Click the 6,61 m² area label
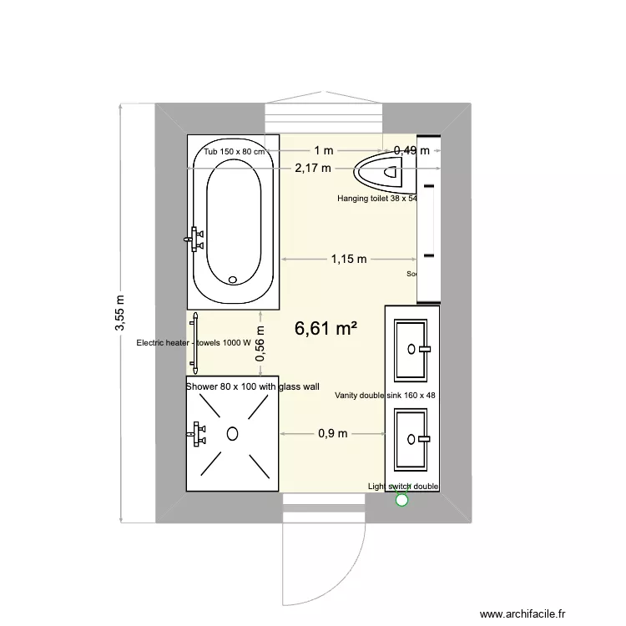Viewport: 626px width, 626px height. coord(326,329)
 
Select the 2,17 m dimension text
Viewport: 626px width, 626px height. coord(312,168)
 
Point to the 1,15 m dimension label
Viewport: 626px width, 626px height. coord(348,259)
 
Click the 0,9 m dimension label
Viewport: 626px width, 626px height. coord(333,433)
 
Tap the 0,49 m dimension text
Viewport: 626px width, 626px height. coord(412,150)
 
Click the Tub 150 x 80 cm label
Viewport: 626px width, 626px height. coord(235,151)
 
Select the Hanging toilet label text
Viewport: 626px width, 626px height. coord(376,199)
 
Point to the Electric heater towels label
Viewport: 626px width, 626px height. coord(194,342)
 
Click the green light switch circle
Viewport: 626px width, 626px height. coord(401,500)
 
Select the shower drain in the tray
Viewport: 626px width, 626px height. coord(233,432)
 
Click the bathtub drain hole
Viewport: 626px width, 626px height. coord(233,280)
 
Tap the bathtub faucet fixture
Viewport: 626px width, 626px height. coord(195,239)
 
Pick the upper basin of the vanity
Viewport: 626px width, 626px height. coord(412,348)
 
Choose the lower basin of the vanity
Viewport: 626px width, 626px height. coord(412,437)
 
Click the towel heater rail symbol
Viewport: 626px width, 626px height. coord(195,342)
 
